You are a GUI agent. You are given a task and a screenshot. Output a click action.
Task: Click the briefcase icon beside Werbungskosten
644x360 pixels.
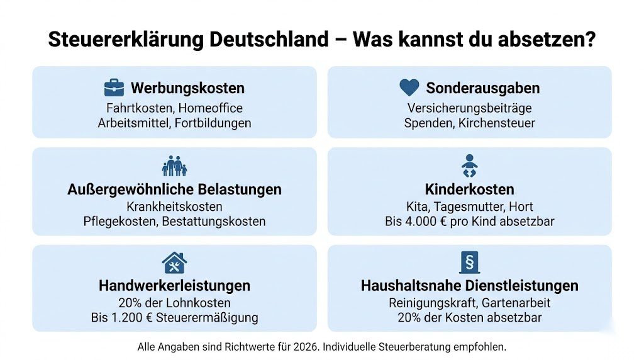point(114,87)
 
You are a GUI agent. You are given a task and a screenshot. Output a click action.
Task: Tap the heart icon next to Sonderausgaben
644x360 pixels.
point(409,87)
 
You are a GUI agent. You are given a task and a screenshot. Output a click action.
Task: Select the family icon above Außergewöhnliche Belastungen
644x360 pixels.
point(175,166)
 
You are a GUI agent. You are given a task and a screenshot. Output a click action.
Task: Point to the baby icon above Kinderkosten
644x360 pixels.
point(469,166)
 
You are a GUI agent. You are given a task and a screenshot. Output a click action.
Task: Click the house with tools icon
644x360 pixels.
point(174,262)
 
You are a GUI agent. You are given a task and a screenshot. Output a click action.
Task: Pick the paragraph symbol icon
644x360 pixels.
point(469,262)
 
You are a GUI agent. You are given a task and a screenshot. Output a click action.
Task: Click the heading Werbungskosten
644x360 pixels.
point(187,88)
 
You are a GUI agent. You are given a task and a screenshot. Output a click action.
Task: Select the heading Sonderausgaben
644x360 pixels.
point(482,88)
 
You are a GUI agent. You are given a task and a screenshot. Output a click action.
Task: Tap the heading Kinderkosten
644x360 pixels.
point(469,189)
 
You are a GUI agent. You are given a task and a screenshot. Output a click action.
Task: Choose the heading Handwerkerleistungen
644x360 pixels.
point(174,285)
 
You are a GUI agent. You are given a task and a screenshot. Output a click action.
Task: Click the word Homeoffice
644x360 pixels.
point(211,108)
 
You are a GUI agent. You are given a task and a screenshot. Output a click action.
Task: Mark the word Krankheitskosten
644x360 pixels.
point(174,206)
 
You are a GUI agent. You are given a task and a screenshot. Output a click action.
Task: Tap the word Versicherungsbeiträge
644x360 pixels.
point(469,108)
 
